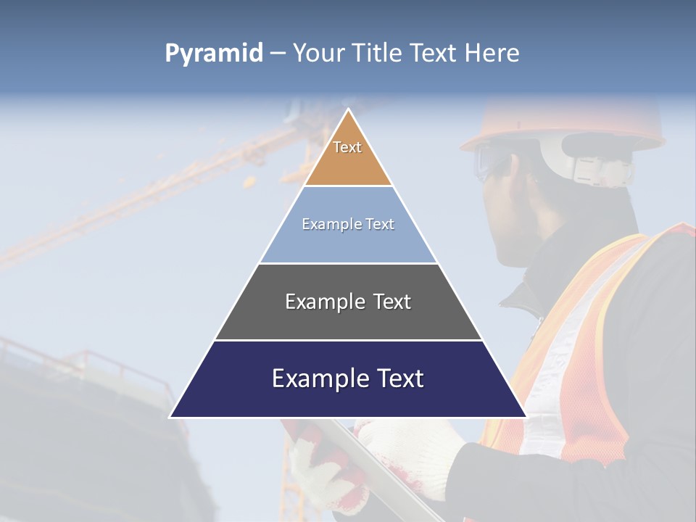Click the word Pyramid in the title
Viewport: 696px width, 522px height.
(x=214, y=54)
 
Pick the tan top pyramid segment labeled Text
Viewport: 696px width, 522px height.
(x=348, y=156)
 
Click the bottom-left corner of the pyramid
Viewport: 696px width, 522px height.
(x=172, y=416)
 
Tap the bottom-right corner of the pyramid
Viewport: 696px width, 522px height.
(x=525, y=416)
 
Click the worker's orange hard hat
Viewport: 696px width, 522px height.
(x=565, y=120)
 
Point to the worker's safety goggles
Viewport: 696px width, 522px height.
(x=487, y=161)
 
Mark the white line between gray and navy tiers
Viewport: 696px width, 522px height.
(x=348, y=340)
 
